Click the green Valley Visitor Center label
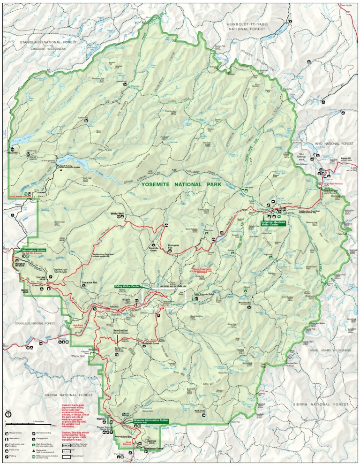pos(127,286)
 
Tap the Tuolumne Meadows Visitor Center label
pos(273,223)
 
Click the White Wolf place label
pos(117,213)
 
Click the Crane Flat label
pos(38,285)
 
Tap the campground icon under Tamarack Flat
pos(83,287)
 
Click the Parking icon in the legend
pos(7,456)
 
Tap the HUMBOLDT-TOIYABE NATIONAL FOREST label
pos(246,26)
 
